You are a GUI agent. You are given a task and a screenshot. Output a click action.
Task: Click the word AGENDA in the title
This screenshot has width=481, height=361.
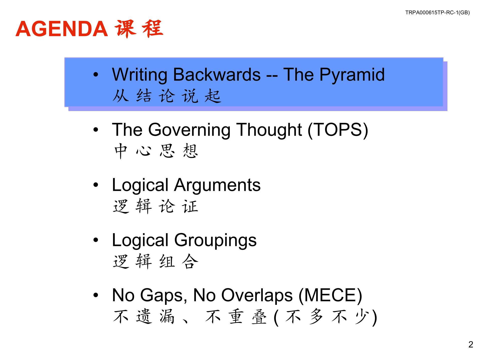click(62, 29)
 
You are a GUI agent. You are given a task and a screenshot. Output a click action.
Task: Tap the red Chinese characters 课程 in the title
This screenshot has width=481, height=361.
click(139, 29)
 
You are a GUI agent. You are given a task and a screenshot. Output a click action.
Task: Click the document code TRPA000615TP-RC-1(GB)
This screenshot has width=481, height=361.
click(437, 13)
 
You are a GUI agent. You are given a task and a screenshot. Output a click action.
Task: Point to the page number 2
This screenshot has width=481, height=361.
click(471, 344)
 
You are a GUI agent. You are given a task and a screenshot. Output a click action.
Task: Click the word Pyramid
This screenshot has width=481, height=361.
click(352, 75)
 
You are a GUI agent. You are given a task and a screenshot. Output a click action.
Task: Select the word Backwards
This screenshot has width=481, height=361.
click(217, 74)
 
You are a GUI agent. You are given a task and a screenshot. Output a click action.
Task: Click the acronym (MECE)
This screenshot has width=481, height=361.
click(330, 295)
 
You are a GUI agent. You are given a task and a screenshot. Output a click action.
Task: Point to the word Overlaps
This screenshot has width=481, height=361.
click(257, 295)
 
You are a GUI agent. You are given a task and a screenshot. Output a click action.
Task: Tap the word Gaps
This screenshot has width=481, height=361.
click(164, 295)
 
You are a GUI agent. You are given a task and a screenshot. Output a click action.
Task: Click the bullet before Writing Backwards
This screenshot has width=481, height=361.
click(96, 74)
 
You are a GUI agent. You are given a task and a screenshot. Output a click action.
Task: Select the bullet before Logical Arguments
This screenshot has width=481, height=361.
click(96, 185)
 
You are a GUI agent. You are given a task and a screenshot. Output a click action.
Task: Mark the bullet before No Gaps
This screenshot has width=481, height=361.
click(96, 295)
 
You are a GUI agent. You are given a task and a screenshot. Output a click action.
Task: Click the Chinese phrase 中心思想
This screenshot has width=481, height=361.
click(156, 151)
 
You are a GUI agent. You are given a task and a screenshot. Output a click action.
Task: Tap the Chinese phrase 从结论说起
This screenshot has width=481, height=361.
click(167, 96)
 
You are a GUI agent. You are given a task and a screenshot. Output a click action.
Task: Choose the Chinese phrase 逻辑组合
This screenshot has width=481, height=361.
click(156, 261)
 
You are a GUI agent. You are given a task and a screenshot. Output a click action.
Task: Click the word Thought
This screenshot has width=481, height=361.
click(269, 130)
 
